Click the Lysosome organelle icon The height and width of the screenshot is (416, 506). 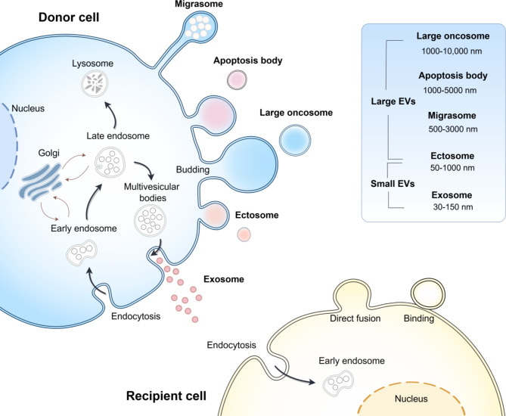[x=94, y=84]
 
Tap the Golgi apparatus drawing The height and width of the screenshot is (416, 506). [x=42, y=182]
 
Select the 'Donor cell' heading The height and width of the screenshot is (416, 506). [x=69, y=17]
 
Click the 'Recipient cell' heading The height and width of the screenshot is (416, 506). [x=166, y=396]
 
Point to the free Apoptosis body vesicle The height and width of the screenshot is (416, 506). [x=237, y=79]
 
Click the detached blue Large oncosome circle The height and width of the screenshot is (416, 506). [x=295, y=141]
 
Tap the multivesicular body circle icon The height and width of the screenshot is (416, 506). [x=150, y=220]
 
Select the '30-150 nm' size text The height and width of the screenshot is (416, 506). [x=453, y=207]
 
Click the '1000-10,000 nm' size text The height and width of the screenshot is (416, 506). [x=452, y=51]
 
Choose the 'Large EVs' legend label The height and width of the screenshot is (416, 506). [x=393, y=101]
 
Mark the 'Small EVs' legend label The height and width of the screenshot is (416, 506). [x=393, y=184]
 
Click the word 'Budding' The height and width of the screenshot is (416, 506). [x=193, y=169]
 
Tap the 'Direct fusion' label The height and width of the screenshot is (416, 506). [x=355, y=318]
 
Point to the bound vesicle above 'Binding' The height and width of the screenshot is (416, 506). [x=427, y=293]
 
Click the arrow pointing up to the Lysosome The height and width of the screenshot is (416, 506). [x=111, y=114]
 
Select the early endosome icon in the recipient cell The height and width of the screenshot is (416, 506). [x=338, y=383]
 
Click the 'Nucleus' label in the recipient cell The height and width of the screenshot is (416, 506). [x=411, y=399]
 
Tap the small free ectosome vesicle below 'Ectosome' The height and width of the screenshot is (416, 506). [x=244, y=234]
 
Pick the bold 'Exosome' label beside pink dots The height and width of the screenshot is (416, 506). [x=224, y=279]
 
